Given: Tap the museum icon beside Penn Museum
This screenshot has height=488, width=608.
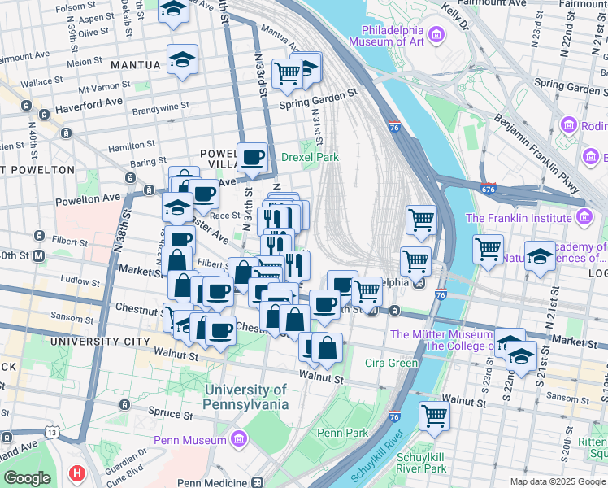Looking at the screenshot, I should (x=239, y=440).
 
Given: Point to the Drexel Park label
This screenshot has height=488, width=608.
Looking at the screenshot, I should (x=310, y=157).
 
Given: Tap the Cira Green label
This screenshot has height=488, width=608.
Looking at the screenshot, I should (x=391, y=362).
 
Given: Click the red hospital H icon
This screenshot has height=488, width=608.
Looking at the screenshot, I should (x=77, y=472).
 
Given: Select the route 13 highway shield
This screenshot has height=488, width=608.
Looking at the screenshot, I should (x=53, y=434).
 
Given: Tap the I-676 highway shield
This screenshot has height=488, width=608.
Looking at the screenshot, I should (x=489, y=189).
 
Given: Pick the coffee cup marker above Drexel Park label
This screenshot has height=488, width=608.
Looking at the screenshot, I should (x=252, y=156).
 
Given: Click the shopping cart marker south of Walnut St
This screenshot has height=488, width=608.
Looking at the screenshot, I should (x=434, y=415).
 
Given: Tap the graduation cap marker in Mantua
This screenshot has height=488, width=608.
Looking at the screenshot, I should (x=182, y=59).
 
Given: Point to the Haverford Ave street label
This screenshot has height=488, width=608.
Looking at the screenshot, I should (x=83, y=102).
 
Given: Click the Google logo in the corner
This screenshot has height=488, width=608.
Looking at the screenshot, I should (x=27, y=478).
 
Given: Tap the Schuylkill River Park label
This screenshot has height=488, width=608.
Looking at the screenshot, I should (x=421, y=462).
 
